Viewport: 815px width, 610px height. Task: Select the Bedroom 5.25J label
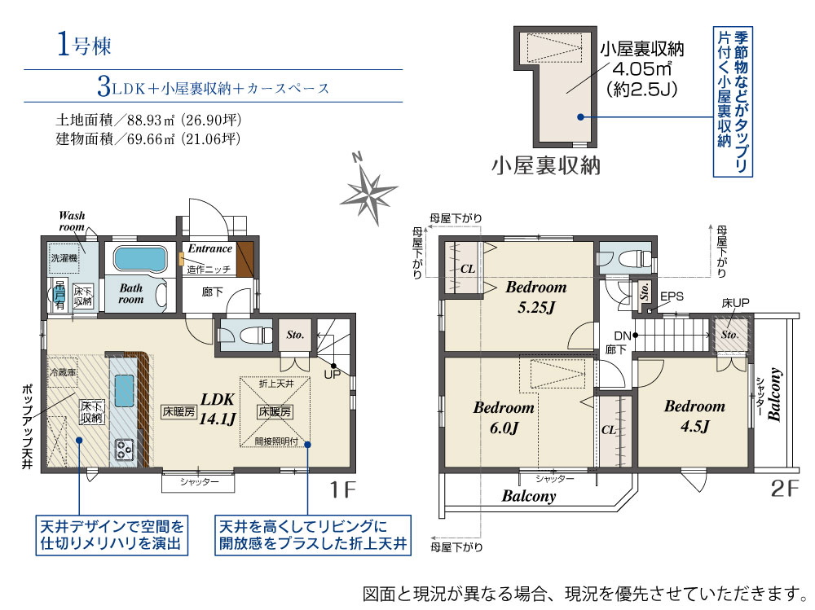[x=536, y=297]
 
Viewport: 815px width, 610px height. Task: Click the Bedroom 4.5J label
[x=694, y=416]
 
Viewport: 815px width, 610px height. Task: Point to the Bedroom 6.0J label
[x=503, y=418]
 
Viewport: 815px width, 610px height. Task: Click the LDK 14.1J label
[x=218, y=409]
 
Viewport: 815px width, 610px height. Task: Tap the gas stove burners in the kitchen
[x=124, y=449]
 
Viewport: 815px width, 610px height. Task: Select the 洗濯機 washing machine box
[x=64, y=258]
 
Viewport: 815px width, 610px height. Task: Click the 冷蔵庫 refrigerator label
[x=63, y=372]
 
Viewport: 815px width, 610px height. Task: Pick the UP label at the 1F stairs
[x=333, y=375]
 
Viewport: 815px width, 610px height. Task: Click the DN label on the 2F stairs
[x=622, y=336]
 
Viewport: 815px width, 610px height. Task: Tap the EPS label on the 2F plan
[x=672, y=296]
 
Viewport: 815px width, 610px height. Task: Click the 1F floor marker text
[x=342, y=489]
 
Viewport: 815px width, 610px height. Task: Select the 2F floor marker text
[x=784, y=489]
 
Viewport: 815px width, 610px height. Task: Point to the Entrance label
[x=210, y=248]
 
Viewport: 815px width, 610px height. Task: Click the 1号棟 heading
[x=84, y=44]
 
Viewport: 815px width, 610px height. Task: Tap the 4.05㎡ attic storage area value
[x=642, y=68]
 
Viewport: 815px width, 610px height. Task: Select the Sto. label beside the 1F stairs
[x=295, y=336]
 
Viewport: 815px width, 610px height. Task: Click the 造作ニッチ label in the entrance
[x=209, y=270]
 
